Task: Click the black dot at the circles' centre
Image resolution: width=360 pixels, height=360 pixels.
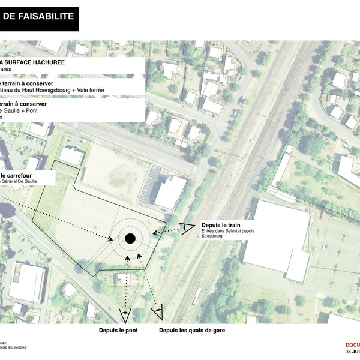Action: pyautogui.click(x=129, y=239)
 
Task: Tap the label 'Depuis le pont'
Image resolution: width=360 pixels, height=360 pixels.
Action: pyautogui.click(x=119, y=330)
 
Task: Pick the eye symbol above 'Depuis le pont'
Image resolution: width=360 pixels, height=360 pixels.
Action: pyautogui.click(x=125, y=313)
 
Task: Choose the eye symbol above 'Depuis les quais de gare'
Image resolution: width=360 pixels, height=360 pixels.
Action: pyautogui.click(x=158, y=311)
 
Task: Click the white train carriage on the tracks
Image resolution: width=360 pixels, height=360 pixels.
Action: pyautogui.click(x=197, y=295)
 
